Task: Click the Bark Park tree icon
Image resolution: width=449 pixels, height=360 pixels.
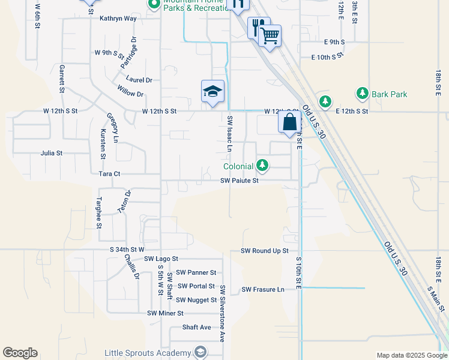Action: click(362, 94)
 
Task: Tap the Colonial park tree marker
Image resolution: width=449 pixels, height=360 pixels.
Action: click(262, 165)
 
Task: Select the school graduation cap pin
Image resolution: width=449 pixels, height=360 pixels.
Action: click(212, 92)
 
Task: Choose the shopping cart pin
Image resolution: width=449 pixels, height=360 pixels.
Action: click(271, 35)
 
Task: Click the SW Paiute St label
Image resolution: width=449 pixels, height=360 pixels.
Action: click(239, 180)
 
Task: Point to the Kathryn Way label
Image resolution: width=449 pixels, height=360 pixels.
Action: click(118, 19)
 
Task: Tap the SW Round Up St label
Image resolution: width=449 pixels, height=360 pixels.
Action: click(265, 251)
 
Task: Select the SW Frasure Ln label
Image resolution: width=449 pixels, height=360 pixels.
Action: click(263, 289)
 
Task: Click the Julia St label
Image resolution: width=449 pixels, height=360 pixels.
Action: click(51, 153)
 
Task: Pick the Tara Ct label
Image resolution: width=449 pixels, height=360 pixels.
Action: click(109, 173)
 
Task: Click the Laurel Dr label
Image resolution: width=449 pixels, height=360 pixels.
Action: click(139, 79)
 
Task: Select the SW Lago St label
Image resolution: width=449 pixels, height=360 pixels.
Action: click(161, 259)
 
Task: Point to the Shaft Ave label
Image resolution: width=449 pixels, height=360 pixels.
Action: click(197, 327)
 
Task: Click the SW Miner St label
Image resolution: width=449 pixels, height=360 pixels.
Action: click(165, 313)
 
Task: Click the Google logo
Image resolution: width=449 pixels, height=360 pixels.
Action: click(20, 353)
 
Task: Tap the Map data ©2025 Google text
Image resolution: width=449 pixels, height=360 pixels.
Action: click(411, 355)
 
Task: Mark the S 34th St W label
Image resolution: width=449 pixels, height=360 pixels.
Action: click(127, 249)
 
